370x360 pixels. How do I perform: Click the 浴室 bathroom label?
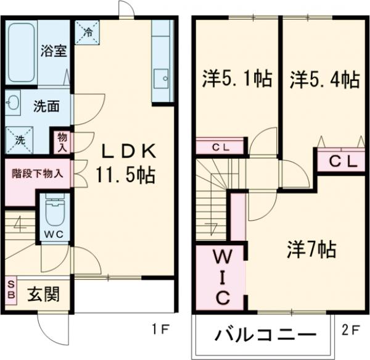pos(54,51)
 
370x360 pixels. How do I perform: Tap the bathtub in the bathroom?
pos(22,52)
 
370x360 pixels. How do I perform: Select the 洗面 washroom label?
pos(46,106)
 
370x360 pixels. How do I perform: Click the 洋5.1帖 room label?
pos(237,80)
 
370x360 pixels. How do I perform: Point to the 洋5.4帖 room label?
pos(325,80)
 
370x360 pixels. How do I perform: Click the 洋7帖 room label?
pos(311,250)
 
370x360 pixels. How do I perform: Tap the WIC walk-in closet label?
pos(221,276)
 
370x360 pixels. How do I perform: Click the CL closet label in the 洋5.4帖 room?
pos(342,162)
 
